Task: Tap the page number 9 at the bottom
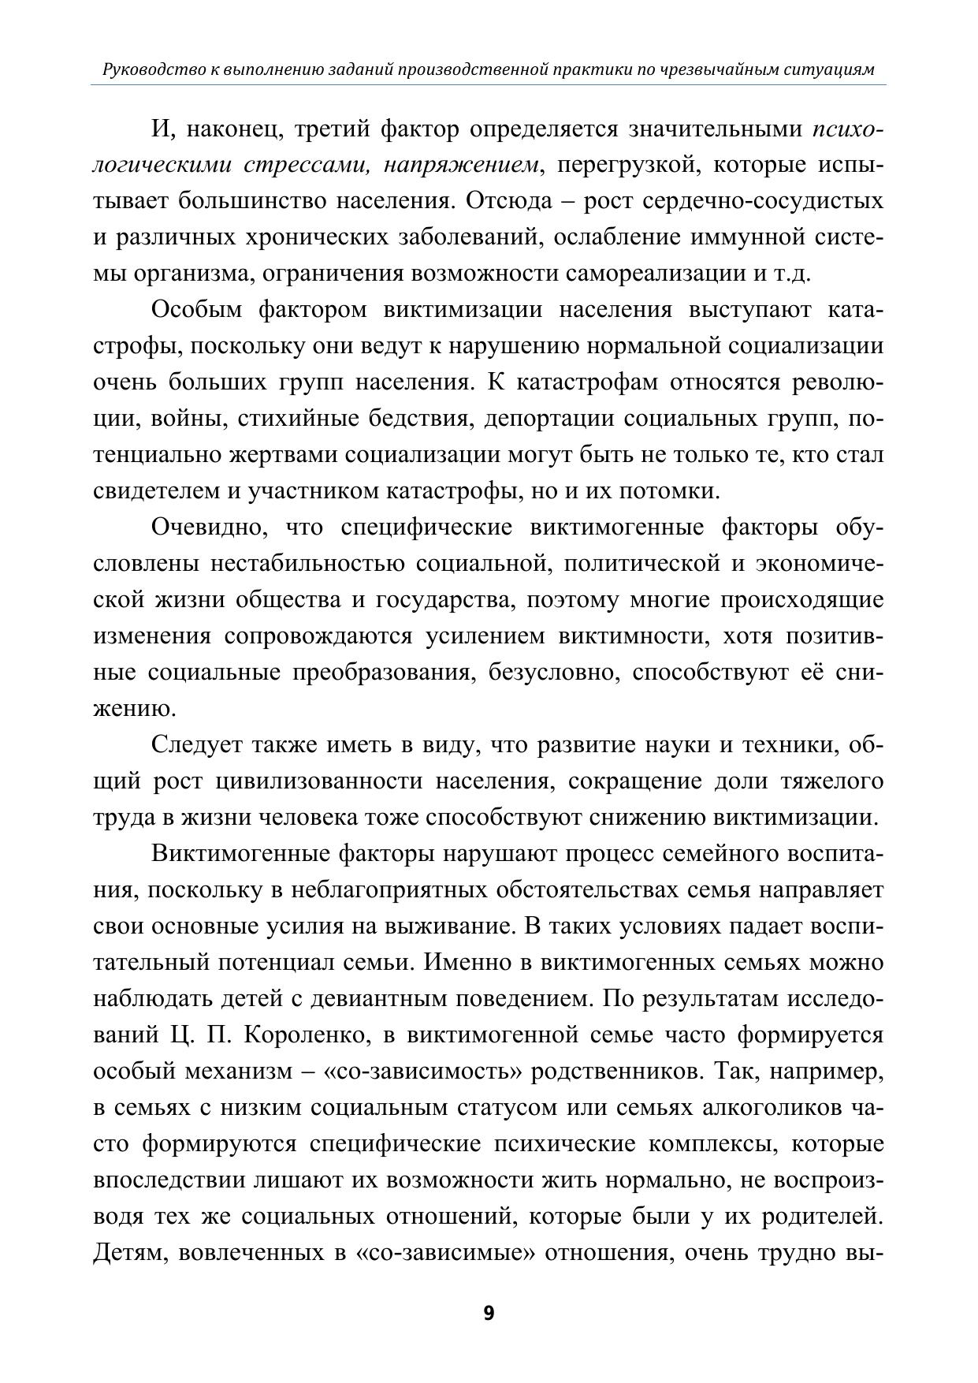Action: pyautogui.click(x=489, y=1314)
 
